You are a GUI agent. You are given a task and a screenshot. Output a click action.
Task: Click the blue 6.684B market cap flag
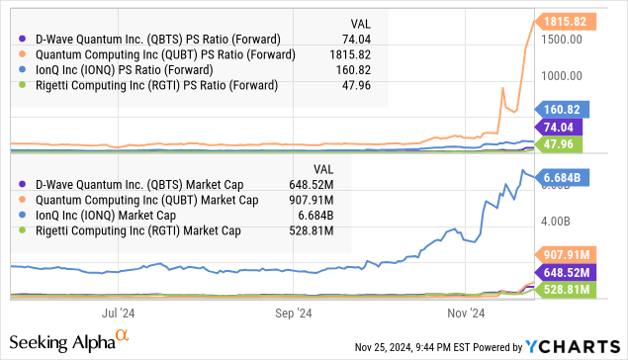click(x=566, y=176)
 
